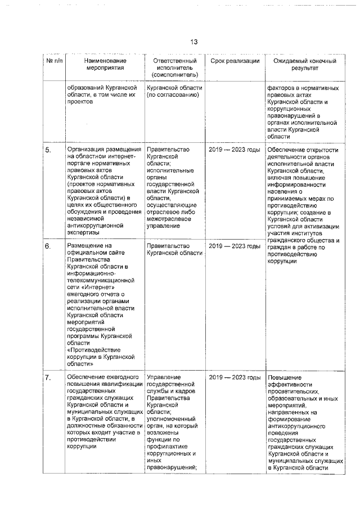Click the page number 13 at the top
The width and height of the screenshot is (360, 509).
click(x=193, y=42)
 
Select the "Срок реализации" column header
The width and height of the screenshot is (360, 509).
click(x=235, y=61)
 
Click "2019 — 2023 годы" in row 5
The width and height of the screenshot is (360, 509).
click(x=235, y=150)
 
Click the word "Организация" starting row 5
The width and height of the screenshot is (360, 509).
click(x=86, y=150)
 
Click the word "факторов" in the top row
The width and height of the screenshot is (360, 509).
click(x=281, y=88)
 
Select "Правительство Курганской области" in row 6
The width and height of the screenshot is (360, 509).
click(x=174, y=249)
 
